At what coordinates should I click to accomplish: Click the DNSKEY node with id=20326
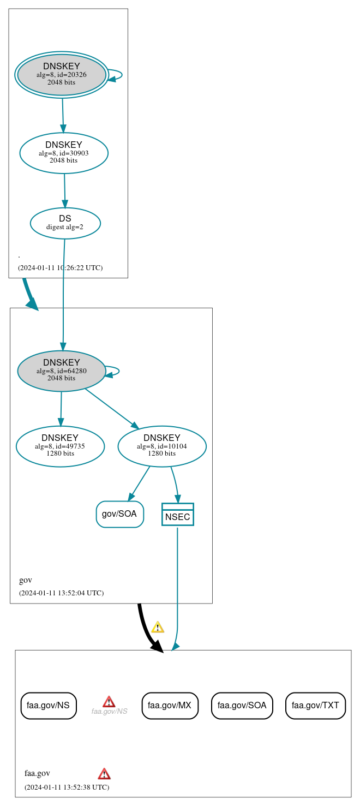(x=62, y=75)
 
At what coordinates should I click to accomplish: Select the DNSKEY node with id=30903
(x=64, y=153)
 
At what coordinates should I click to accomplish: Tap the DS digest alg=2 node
(x=65, y=223)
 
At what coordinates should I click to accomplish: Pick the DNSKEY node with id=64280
(x=62, y=371)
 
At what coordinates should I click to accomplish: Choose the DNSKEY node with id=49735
(x=60, y=446)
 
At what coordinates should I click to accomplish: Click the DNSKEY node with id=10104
(x=162, y=446)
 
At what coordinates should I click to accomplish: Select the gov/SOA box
(x=119, y=514)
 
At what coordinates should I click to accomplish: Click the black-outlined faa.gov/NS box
(x=49, y=706)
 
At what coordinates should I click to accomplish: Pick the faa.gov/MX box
(x=170, y=706)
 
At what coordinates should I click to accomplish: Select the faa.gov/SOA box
(x=242, y=706)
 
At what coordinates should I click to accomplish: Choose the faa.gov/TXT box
(x=315, y=706)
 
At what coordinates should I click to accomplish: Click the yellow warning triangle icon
(x=158, y=627)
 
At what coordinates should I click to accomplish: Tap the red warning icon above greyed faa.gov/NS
(x=109, y=701)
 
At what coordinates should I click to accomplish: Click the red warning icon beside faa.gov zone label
(x=104, y=773)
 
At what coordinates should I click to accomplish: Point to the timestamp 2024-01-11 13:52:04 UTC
(x=61, y=593)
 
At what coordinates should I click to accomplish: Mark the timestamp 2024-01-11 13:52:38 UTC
(x=67, y=787)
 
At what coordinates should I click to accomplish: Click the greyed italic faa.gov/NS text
(x=109, y=712)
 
